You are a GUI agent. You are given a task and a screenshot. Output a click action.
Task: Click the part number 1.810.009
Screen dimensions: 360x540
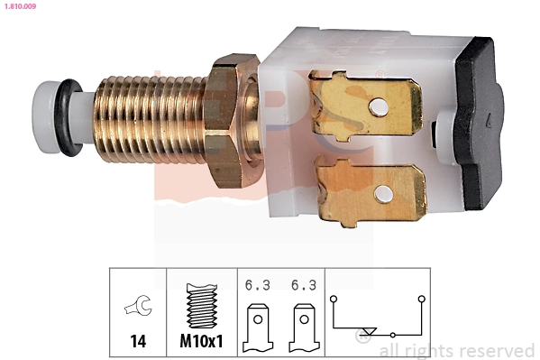point(19,7)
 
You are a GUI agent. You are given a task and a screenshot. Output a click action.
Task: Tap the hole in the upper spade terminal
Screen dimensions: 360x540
point(380,107)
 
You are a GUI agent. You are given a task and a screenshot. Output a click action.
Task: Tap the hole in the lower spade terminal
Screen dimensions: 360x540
point(386,192)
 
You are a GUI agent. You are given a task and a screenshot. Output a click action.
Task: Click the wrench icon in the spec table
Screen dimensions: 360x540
point(138,308)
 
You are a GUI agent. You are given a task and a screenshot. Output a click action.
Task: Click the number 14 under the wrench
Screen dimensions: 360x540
point(138,342)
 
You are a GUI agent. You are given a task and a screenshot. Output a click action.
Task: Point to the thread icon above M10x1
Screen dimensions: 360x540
point(202,308)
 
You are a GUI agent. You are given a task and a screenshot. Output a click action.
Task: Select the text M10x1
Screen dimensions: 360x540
point(202,342)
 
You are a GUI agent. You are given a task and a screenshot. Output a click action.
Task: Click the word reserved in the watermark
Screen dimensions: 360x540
point(495,350)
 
